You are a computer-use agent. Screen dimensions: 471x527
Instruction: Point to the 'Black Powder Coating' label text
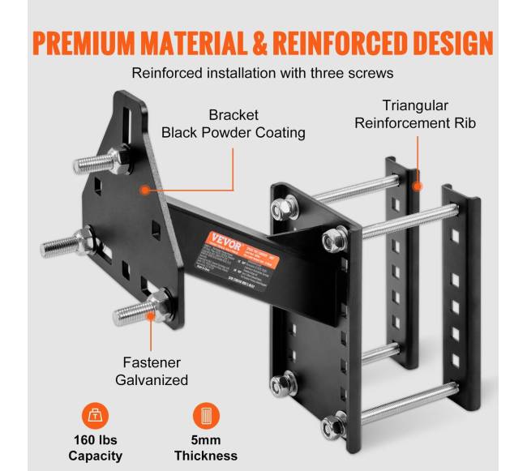[234, 132]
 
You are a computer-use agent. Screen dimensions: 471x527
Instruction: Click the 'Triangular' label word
[417, 105]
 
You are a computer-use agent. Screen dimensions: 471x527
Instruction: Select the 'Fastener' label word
[153, 362]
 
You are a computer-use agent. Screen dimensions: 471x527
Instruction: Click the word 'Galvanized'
[153, 379]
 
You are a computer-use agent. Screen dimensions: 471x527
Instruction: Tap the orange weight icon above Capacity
[96, 413]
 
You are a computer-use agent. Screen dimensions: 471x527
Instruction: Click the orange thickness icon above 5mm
[205, 413]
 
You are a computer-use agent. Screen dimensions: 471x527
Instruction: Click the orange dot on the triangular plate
[144, 190]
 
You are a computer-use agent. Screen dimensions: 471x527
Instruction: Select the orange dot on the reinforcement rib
[418, 186]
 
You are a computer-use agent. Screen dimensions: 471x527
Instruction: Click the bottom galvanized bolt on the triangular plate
[136, 310]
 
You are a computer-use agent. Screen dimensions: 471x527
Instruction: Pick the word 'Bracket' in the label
[234, 114]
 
